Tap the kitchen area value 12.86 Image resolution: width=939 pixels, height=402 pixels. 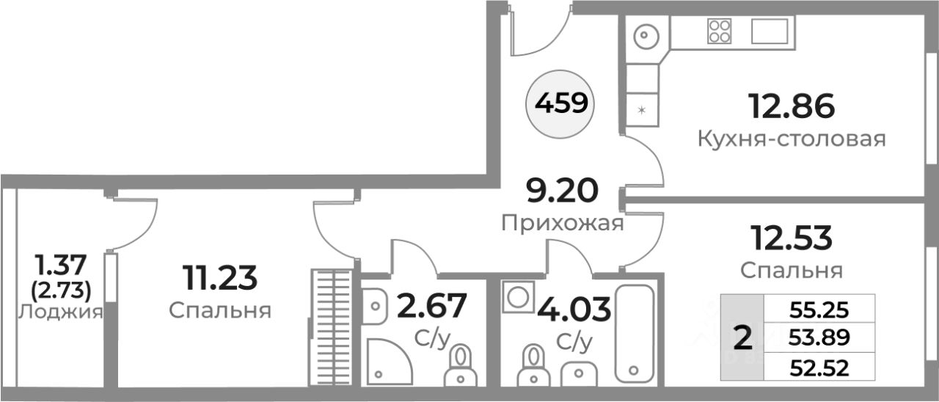point(791,107)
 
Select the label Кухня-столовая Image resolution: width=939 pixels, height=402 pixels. point(792,139)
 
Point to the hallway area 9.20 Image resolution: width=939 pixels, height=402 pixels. point(563,191)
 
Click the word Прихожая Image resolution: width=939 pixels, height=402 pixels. point(563,223)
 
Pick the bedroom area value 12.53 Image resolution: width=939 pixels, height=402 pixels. point(790,238)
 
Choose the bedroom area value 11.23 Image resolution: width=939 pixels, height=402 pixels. point(220,278)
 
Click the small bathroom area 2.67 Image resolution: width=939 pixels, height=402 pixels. point(431,307)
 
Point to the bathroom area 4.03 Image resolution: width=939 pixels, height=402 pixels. point(574,309)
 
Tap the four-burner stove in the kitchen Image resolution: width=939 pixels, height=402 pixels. point(719,31)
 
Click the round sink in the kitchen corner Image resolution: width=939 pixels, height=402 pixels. point(646,34)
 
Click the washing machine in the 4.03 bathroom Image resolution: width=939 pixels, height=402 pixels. point(519,297)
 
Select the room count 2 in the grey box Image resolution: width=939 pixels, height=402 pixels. point(742,338)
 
